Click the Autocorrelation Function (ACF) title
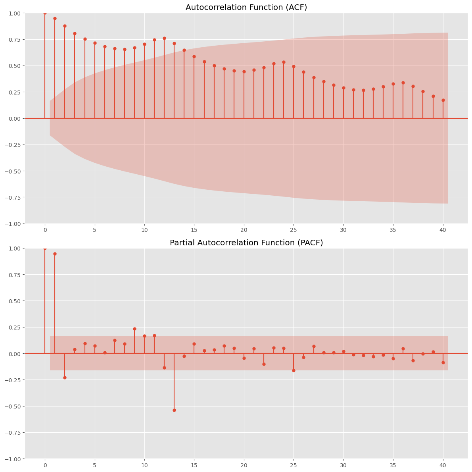tap(246, 7)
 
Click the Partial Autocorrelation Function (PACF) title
tap(246, 243)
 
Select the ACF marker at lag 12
tap(164, 38)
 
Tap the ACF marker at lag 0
tap(45, 13)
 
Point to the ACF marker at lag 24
tap(284, 62)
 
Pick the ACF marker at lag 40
tap(443, 100)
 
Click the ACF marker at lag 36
tap(403, 83)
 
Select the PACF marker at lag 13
tap(174, 410)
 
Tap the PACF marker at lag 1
tap(55, 254)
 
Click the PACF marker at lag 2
tap(65, 378)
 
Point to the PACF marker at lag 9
tap(134, 329)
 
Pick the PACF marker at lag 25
tap(294, 370)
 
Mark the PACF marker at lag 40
tap(443, 362)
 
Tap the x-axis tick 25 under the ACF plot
tap(294, 229)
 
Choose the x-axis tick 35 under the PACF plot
tap(393, 465)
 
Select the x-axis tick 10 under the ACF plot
tap(144, 229)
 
